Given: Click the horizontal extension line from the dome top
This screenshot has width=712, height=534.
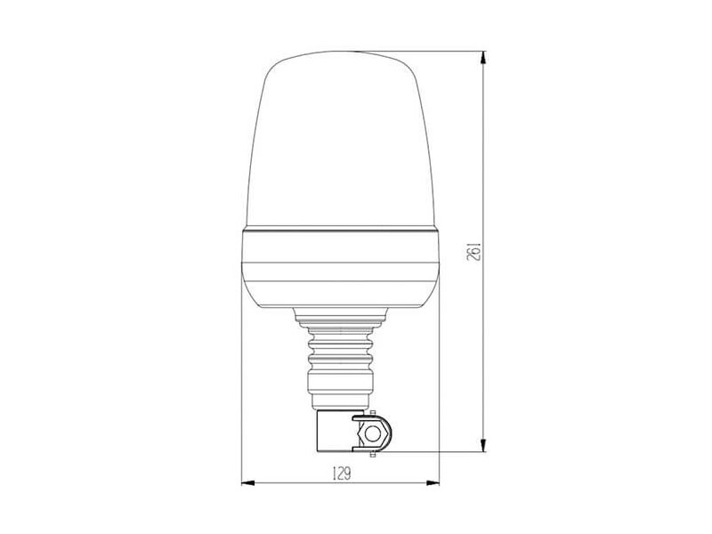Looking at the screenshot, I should pos(418,51).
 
